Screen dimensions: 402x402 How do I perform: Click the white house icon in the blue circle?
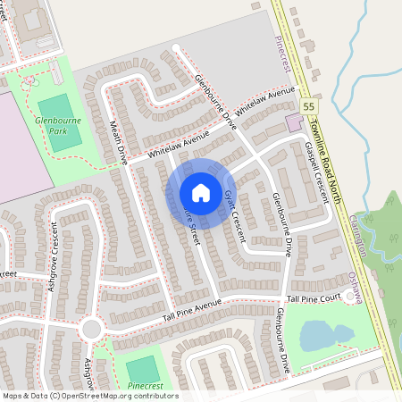point(201,193)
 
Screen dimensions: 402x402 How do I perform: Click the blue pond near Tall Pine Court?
point(316,337)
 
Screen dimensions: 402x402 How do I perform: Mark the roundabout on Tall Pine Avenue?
point(89,329)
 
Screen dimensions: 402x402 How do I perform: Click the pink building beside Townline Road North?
point(293,121)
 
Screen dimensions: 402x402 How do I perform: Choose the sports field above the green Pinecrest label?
point(141,369)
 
